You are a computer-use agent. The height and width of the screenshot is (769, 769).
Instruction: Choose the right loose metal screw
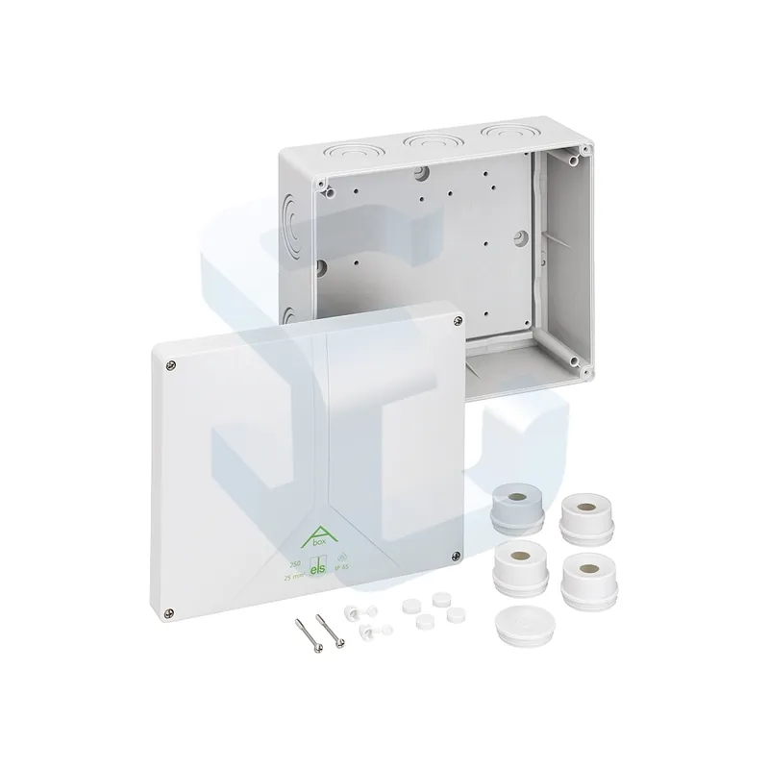click(329, 634)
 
